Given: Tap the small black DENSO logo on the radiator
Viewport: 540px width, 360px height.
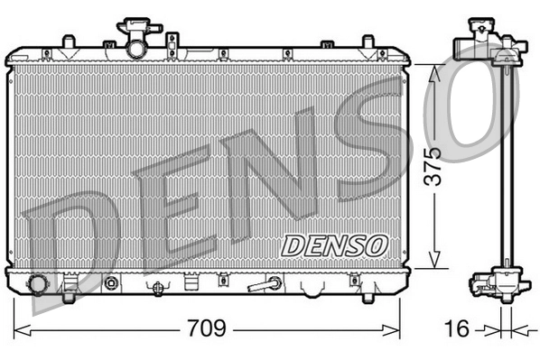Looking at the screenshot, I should tap(335, 245).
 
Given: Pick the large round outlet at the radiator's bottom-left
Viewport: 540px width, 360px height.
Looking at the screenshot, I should tap(38, 285).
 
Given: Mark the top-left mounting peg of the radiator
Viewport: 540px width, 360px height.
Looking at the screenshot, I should tap(67, 42).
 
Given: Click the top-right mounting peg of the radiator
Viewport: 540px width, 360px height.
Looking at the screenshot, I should tap(368, 42).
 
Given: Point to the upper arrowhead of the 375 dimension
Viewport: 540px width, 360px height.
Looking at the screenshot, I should tap(435, 72).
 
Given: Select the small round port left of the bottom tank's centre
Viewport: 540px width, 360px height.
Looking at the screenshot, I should tap(111, 284).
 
